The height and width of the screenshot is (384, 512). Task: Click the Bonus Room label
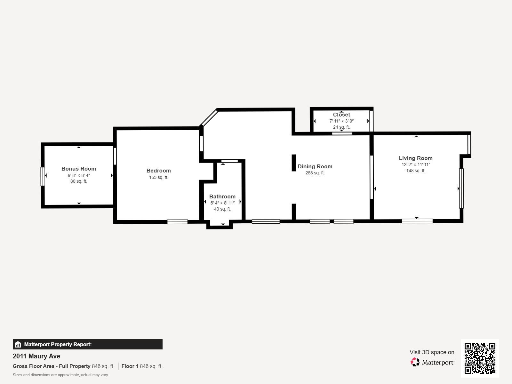[x=79, y=169]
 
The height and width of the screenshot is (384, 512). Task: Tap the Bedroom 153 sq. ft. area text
[x=158, y=177]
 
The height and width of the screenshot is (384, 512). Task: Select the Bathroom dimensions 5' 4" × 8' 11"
[x=222, y=203]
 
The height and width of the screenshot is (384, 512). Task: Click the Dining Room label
[x=315, y=166]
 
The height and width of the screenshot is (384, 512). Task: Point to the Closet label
[x=341, y=115]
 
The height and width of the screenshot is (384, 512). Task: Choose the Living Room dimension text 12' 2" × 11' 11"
[x=416, y=164]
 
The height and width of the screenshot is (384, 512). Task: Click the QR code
[x=480, y=358]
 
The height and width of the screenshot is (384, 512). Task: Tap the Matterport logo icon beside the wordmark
[x=415, y=362]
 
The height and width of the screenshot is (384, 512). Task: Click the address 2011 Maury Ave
[x=36, y=356]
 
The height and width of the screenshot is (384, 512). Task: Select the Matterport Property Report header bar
[x=88, y=344]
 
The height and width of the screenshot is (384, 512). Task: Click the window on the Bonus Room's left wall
[x=43, y=176]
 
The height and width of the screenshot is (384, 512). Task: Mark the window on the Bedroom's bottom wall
[x=177, y=221]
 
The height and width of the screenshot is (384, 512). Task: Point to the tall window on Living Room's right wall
[x=461, y=188]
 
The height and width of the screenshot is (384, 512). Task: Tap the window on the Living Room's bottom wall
[x=417, y=221]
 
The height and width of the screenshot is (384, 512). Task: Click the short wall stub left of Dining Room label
[x=293, y=163]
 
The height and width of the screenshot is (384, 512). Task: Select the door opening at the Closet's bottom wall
[x=342, y=133]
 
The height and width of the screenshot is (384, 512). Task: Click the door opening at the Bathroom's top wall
[x=229, y=161]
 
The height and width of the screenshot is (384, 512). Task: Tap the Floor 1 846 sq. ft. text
[x=142, y=366]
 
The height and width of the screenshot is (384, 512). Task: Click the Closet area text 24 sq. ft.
[x=341, y=127]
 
